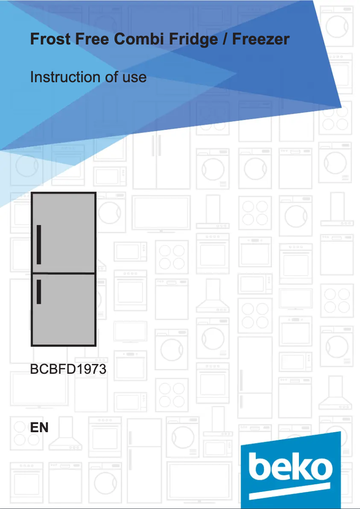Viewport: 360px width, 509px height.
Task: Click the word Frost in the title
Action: click(x=50, y=39)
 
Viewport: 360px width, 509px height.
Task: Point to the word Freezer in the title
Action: click(x=261, y=39)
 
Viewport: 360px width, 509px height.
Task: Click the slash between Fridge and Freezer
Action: click(x=225, y=40)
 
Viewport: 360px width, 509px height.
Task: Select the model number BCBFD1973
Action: click(x=68, y=369)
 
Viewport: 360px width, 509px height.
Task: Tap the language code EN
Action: click(x=39, y=428)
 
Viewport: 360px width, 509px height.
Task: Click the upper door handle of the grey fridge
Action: click(x=39, y=244)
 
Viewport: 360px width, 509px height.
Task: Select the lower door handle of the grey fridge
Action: click(x=39, y=292)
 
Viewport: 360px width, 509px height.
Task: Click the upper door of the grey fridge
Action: click(x=64, y=233)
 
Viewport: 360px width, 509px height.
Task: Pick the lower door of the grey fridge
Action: click(x=64, y=310)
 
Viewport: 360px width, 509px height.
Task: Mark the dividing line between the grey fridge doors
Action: click(x=64, y=274)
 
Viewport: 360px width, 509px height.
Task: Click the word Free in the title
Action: click(x=92, y=39)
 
